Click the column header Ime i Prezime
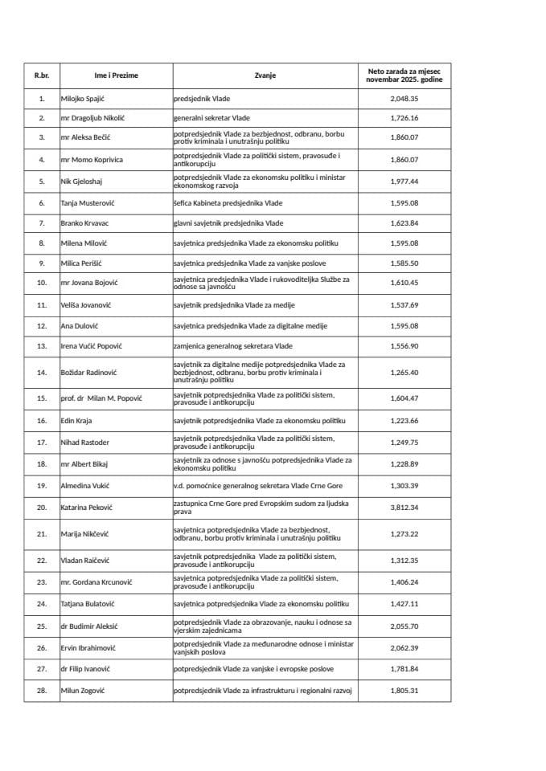[x=116, y=75]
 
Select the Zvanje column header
[x=265, y=75]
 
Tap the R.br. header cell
[x=42, y=75]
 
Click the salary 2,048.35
[x=404, y=100]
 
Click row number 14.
[x=42, y=373]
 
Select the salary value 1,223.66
[x=404, y=420]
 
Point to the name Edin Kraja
[x=76, y=420]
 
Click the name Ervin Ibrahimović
[x=89, y=648]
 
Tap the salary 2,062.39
[x=404, y=648]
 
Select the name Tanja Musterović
[x=88, y=203]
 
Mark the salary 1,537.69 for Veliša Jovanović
[x=404, y=305]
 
